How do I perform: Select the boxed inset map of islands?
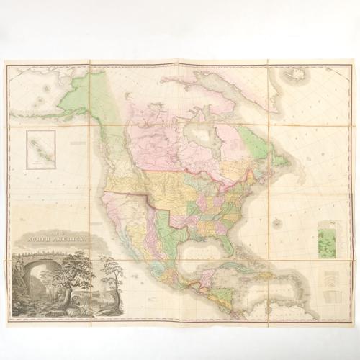click(41, 149)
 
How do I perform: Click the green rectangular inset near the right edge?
click(328, 238)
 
